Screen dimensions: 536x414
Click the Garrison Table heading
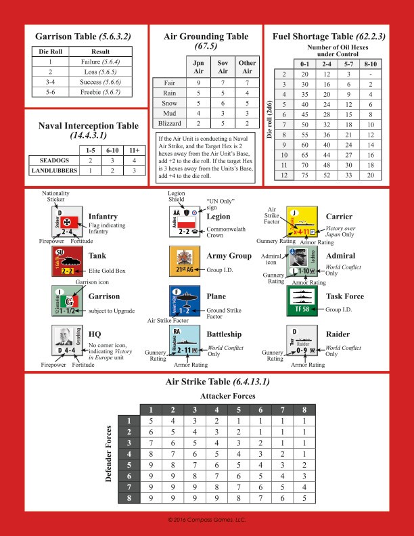83,38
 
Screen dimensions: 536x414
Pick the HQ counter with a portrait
67,341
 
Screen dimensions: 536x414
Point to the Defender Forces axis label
108,454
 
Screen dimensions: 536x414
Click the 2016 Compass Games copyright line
207,519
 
